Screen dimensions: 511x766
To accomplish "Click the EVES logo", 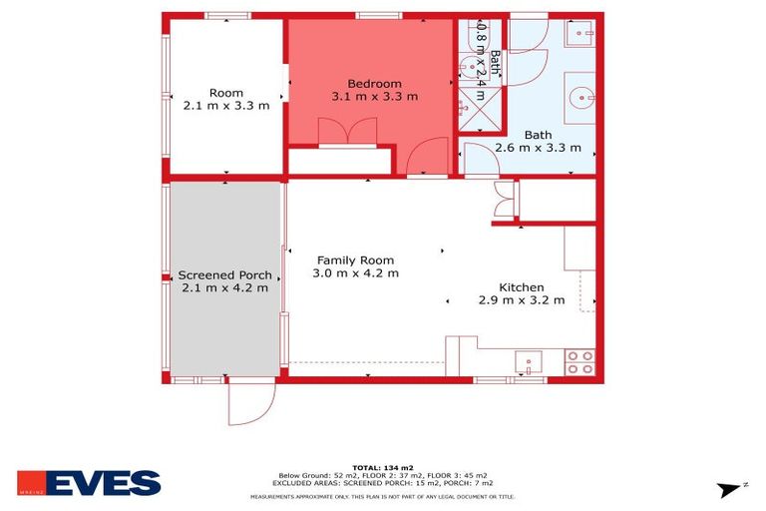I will coord(89,483).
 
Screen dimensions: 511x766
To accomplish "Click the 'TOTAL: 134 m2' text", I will coord(382,465).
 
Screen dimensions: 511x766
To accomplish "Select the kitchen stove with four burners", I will coord(579,362).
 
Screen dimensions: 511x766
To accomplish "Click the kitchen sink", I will coord(528,360).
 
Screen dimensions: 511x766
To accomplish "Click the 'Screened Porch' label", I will coord(224,275).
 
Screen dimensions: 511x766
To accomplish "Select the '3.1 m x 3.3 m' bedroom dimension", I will coord(374,97).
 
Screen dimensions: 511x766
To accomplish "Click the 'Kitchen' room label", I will coord(521,286).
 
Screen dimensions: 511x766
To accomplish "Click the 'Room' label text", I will coord(226,93).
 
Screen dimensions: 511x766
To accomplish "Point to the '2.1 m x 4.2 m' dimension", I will coord(224,288).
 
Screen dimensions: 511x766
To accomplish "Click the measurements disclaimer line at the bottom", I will coord(382,496).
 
